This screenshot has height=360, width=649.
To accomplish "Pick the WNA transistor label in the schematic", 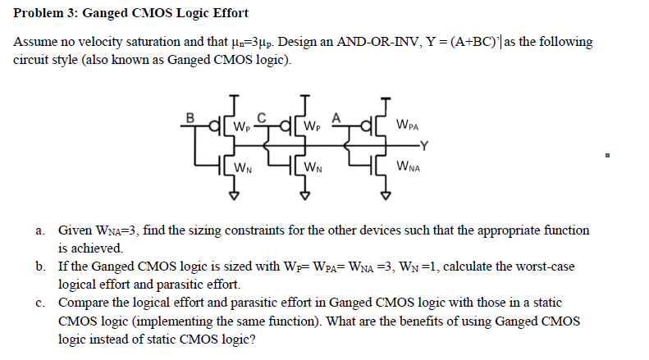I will (407, 169).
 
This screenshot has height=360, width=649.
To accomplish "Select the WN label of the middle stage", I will (312, 169).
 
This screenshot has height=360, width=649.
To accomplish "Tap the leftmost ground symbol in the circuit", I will (234, 195).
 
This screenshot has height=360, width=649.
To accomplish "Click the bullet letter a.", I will (40, 232).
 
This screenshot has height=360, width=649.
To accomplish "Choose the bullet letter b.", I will (40, 267).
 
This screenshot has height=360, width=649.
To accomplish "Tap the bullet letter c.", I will (40, 301).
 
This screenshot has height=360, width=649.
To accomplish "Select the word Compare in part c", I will (83, 301).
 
